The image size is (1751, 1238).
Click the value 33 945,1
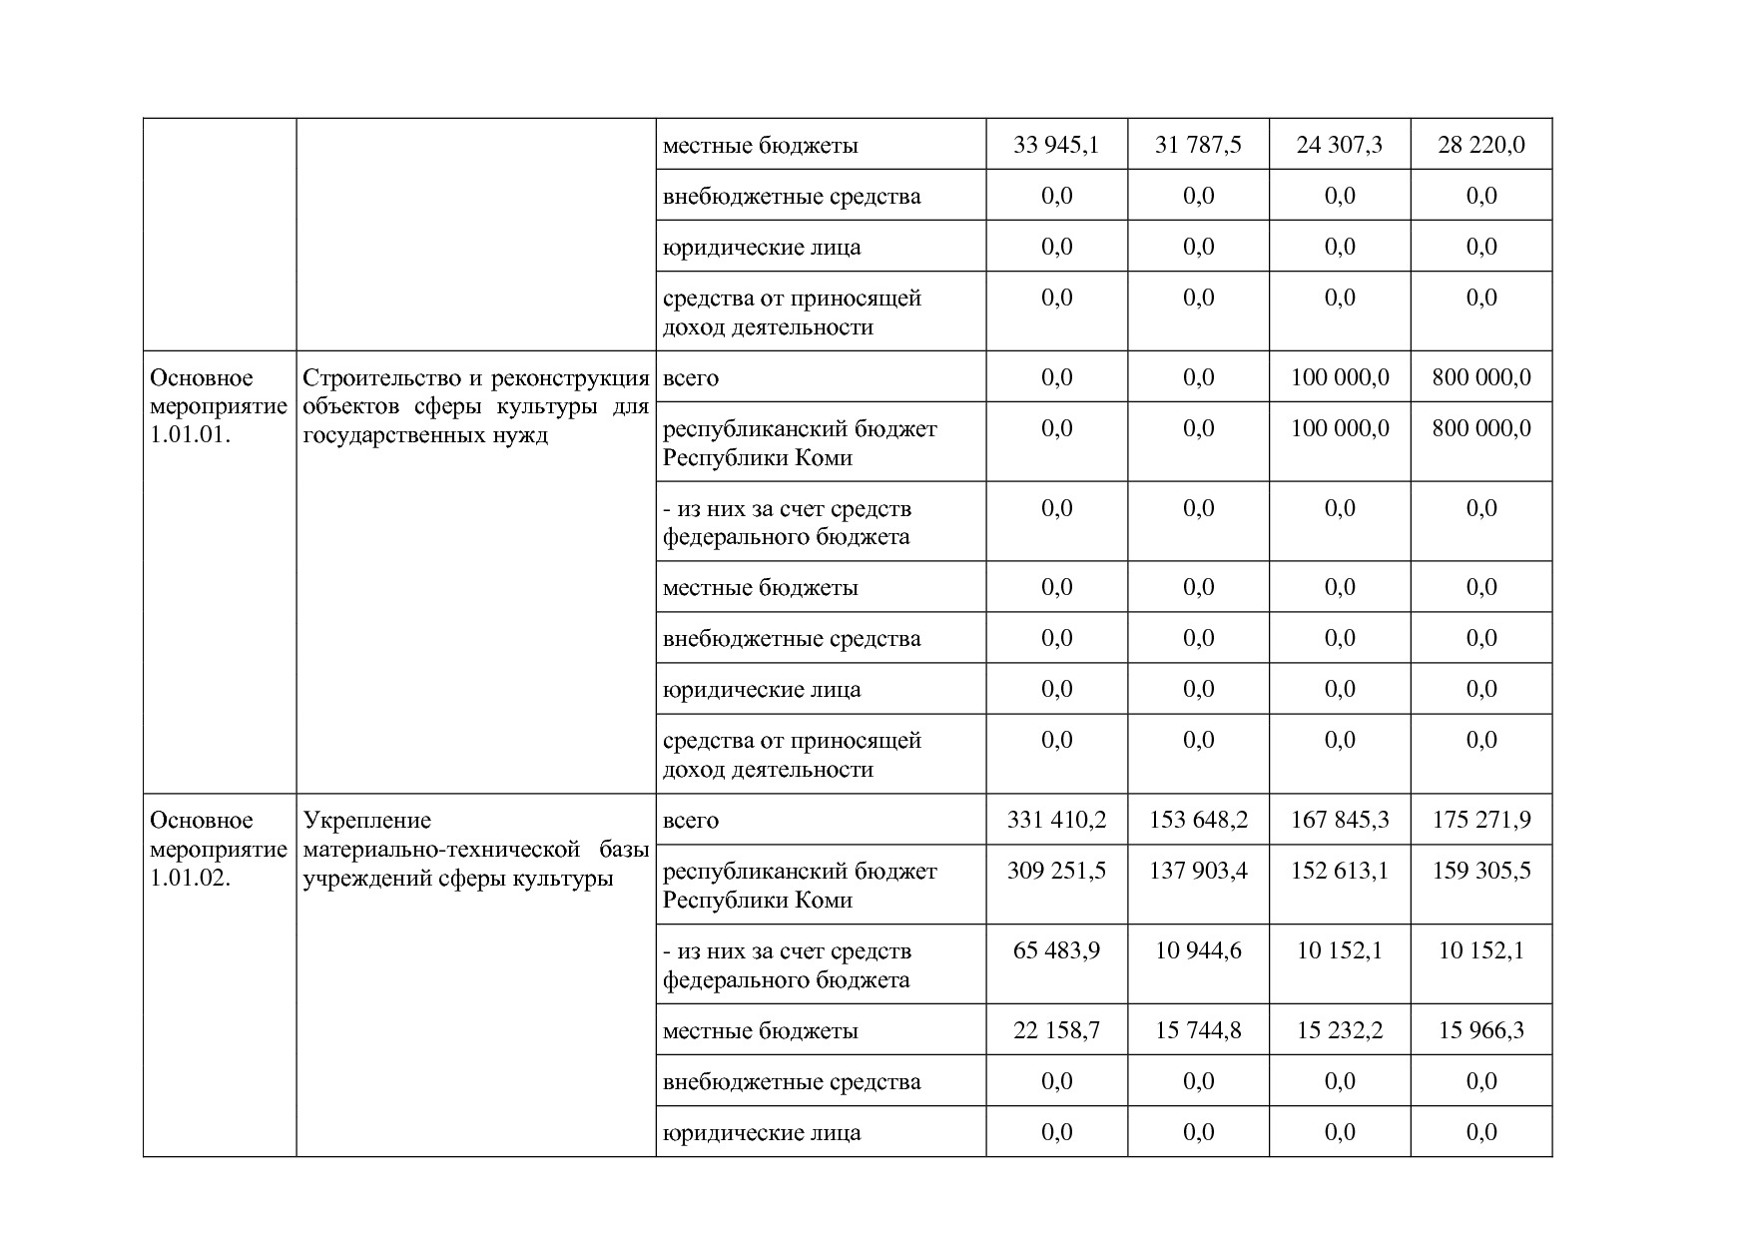point(1056,146)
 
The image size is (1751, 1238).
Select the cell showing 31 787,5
point(1198,146)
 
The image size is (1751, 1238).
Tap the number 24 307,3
point(1340,146)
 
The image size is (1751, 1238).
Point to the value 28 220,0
point(1481,146)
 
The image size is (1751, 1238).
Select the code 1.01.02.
point(191,879)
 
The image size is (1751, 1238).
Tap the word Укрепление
point(367,821)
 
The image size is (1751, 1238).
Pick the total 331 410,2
point(1056,821)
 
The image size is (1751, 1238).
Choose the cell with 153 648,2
point(1198,821)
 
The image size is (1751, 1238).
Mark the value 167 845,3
point(1340,821)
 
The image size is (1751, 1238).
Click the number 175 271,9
point(1481,821)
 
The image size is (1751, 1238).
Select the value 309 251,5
point(1056,872)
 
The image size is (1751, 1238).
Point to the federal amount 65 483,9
point(1056,951)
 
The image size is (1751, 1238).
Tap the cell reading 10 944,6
point(1198,951)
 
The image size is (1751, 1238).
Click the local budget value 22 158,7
point(1056,1031)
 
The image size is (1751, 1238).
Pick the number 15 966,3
point(1481,1031)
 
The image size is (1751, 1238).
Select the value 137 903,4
point(1198,872)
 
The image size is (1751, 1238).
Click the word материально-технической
point(441,850)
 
